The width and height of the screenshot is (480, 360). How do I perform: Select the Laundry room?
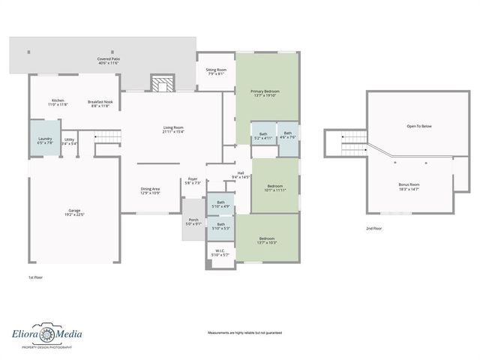tap(44, 139)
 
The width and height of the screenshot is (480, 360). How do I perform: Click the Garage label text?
tap(74, 212)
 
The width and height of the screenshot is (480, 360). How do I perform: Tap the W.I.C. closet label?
tap(220, 253)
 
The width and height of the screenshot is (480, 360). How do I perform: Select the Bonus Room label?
tap(409, 186)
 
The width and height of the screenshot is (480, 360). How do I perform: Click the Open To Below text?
tap(418, 126)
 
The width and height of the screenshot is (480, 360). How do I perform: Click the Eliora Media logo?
tap(46, 337)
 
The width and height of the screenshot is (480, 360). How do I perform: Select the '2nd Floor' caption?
tap(373, 228)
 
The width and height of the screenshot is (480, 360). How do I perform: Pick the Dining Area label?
tap(151, 190)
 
